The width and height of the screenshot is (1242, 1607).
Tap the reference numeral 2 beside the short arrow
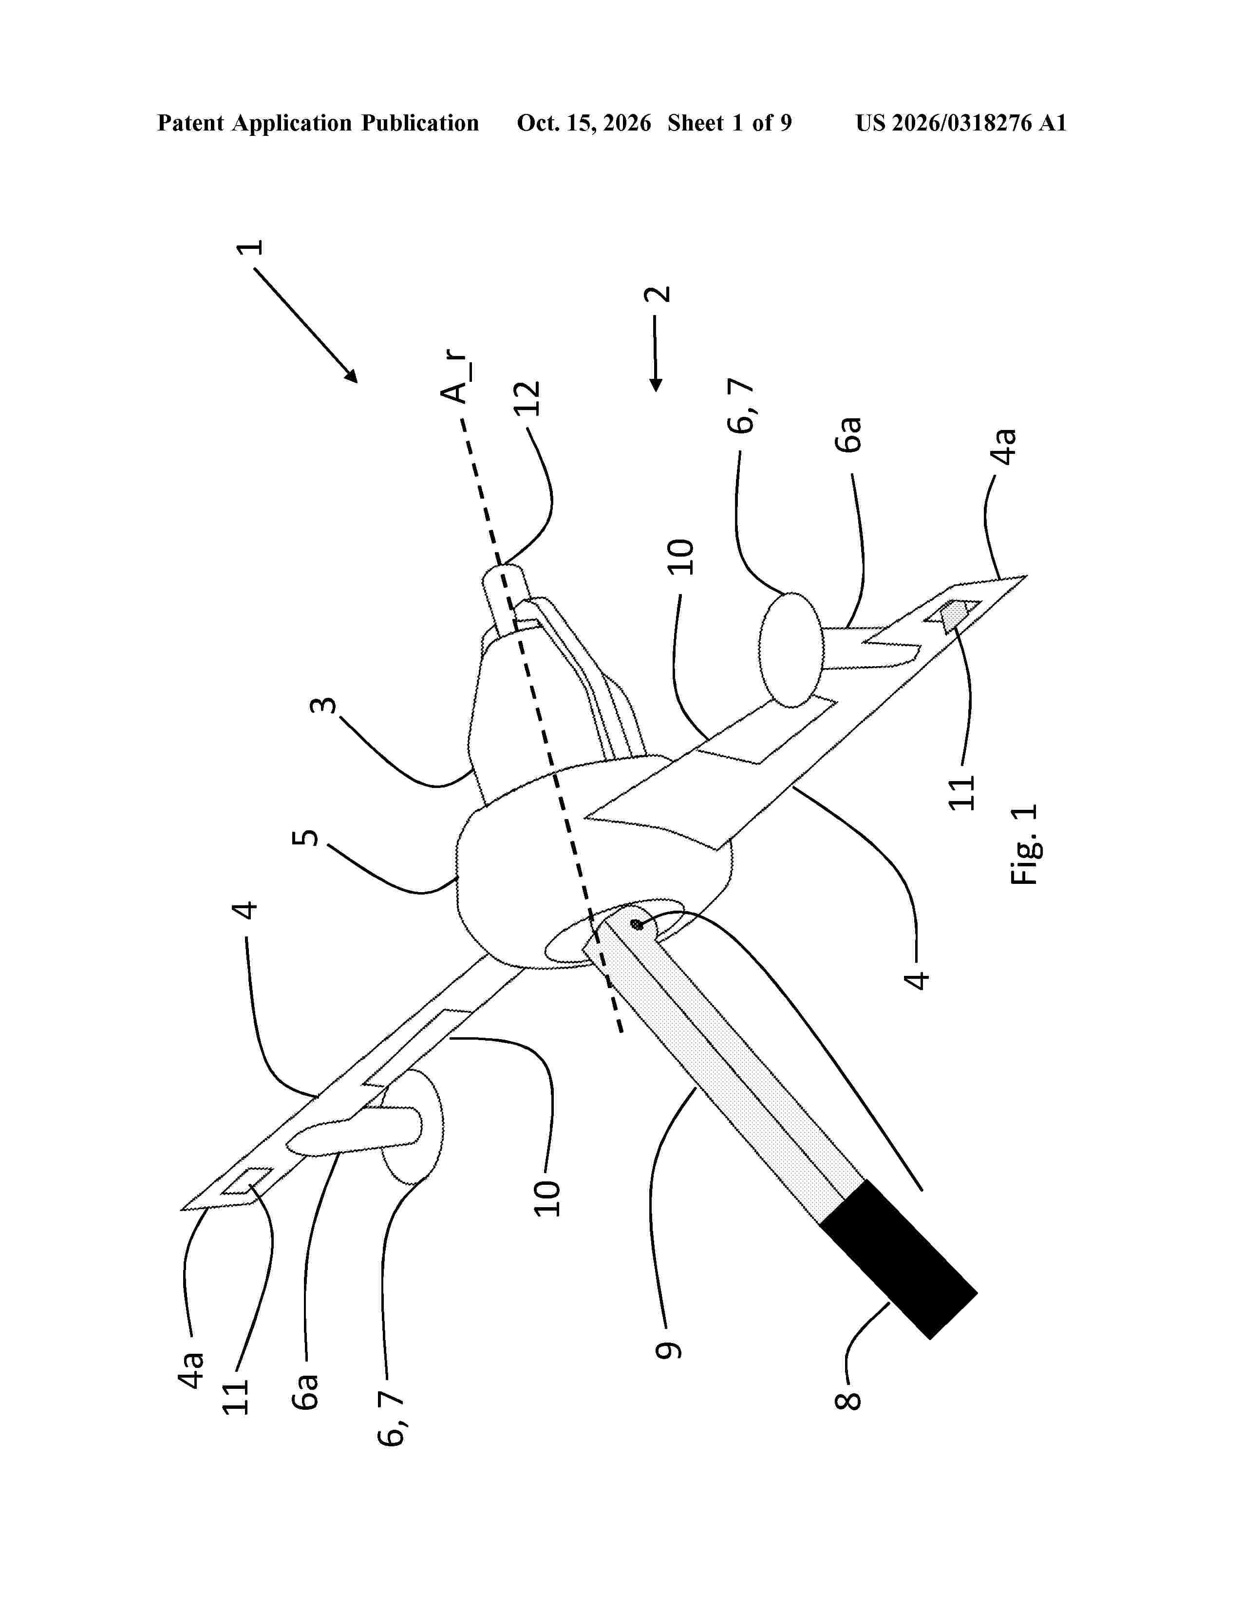[657, 294]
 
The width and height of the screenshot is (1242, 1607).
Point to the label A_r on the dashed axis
[456, 377]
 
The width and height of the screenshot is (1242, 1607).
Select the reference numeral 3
[324, 706]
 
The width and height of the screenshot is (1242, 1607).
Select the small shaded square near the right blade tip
[953, 613]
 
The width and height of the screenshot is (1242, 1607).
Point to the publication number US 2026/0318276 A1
[961, 123]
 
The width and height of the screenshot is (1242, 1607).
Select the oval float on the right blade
[791, 650]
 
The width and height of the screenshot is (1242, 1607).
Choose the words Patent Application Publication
[318, 123]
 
